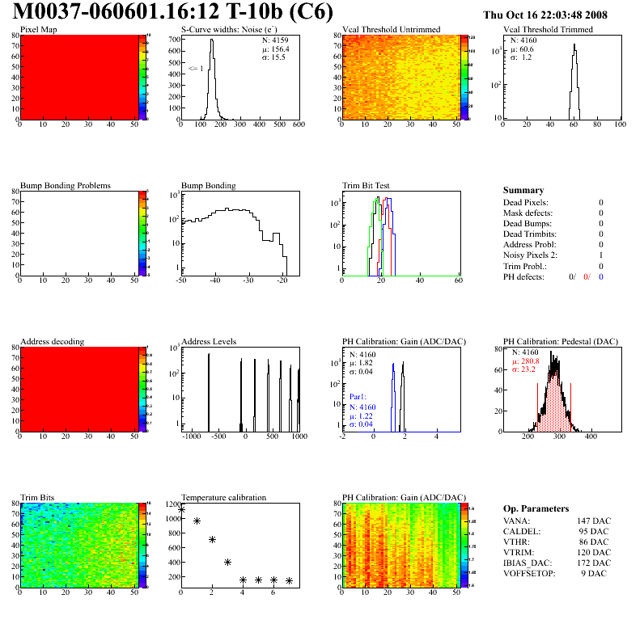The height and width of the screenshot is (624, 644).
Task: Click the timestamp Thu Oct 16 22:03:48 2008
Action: [x=556, y=15]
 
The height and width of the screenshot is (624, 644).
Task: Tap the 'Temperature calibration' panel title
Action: [x=223, y=497]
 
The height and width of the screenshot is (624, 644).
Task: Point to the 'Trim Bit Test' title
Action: [x=368, y=185]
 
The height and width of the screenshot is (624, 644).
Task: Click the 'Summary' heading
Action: [x=523, y=190]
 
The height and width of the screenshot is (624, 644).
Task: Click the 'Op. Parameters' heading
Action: [x=536, y=508]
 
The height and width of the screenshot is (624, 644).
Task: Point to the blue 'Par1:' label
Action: [x=358, y=398]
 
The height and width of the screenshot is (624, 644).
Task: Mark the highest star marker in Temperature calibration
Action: [x=182, y=509]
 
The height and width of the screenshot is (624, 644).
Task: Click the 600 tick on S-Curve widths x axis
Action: [x=299, y=124]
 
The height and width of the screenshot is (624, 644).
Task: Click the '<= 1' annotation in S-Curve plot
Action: [x=195, y=69]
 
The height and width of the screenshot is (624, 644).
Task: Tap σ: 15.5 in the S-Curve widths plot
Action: [x=274, y=57]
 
